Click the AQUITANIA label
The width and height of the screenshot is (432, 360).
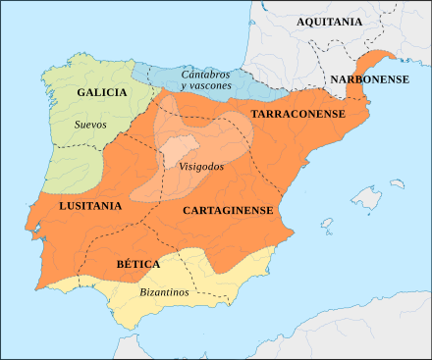pyautogui.click(x=329, y=22)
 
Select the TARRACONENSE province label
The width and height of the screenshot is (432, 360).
pyautogui.click(x=297, y=115)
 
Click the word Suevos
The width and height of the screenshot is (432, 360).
pyautogui.click(x=91, y=125)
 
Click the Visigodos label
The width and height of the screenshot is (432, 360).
pyautogui.click(x=201, y=166)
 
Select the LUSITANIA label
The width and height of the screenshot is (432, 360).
pyautogui.click(x=90, y=206)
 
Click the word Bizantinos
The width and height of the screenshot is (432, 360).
pyautogui.click(x=163, y=292)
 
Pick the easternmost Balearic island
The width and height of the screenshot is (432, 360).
pyautogui.click(x=398, y=183)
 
